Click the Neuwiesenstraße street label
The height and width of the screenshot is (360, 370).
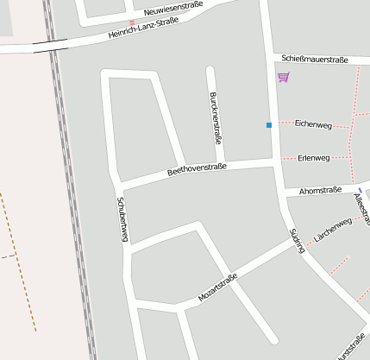tap(173, 10)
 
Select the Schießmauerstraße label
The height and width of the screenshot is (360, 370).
tap(315, 60)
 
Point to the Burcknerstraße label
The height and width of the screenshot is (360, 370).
tap(216, 117)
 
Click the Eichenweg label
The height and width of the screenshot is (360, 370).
tap(312, 124)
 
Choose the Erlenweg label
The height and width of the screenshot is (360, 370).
tap(313, 158)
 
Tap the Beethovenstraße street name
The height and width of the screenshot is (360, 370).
tap(197, 169)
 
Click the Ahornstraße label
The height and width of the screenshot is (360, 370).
tap(320, 190)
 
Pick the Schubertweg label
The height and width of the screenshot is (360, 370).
tap(122, 219)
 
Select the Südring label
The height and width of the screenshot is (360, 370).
tap(298, 240)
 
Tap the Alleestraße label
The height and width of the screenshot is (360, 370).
tap(362, 208)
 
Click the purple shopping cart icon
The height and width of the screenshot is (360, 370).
tap(283, 77)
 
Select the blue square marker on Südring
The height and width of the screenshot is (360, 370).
tap(269, 125)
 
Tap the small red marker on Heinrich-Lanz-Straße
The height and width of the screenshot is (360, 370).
tap(132, 22)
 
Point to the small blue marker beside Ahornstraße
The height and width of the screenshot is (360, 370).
tap(360, 189)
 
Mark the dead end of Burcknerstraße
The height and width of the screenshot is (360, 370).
tap(210, 67)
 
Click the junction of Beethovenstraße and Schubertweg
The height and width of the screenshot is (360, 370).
tap(118, 185)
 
